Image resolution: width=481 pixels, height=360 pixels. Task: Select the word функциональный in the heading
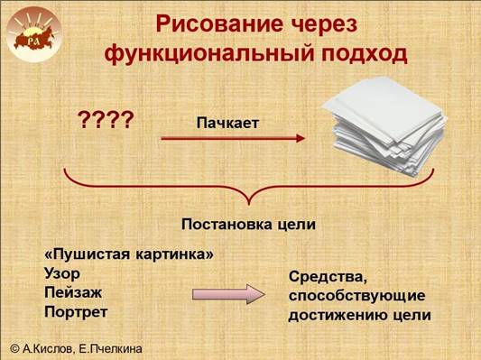(x=209, y=54)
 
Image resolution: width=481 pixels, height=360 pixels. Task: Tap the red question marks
(x=106, y=120)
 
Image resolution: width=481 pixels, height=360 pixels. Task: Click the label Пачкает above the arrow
(x=227, y=123)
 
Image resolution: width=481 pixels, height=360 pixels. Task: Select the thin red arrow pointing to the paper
(x=233, y=138)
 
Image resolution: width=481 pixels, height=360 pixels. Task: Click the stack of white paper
(x=384, y=125)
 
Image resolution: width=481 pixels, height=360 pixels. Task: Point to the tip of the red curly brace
(x=249, y=204)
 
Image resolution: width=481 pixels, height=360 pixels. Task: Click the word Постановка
(x=227, y=225)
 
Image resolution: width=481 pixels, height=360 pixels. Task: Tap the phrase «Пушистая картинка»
(x=129, y=254)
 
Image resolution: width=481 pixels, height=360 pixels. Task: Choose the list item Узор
(x=62, y=273)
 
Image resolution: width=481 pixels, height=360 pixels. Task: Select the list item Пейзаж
(x=73, y=292)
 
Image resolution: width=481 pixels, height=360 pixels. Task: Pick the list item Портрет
(x=76, y=312)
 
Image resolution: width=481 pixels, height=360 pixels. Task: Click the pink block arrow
(x=228, y=294)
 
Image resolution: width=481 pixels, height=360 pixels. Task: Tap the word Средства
(x=328, y=278)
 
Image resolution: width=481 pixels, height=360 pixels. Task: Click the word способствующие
(x=357, y=296)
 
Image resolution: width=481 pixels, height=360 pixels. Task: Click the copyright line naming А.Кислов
(x=77, y=348)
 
